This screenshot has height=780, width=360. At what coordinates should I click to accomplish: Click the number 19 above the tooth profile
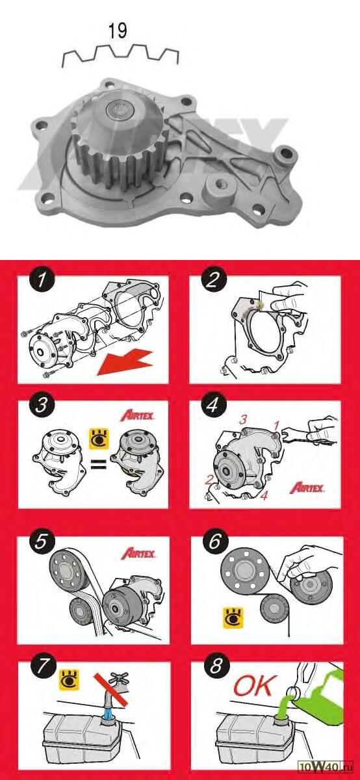[118, 31]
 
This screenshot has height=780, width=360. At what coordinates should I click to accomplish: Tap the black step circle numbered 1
[42, 279]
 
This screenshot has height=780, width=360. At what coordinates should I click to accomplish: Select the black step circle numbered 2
[213, 279]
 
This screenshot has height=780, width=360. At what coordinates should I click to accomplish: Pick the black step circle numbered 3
[42, 405]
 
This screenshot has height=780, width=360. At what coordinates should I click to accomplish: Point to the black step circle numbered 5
[42, 541]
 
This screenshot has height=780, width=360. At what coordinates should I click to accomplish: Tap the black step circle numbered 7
[43, 666]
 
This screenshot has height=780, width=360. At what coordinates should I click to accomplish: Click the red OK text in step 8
[255, 685]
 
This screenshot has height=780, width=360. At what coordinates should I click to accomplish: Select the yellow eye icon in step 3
[99, 439]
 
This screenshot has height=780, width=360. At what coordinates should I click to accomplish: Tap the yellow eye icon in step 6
[233, 618]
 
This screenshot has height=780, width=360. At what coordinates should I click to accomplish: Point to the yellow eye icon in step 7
[70, 680]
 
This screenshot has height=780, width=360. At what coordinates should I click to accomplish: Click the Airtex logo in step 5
[138, 553]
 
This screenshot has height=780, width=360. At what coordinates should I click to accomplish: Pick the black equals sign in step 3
[99, 464]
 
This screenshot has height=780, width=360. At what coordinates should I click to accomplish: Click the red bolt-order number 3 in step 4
[242, 420]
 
